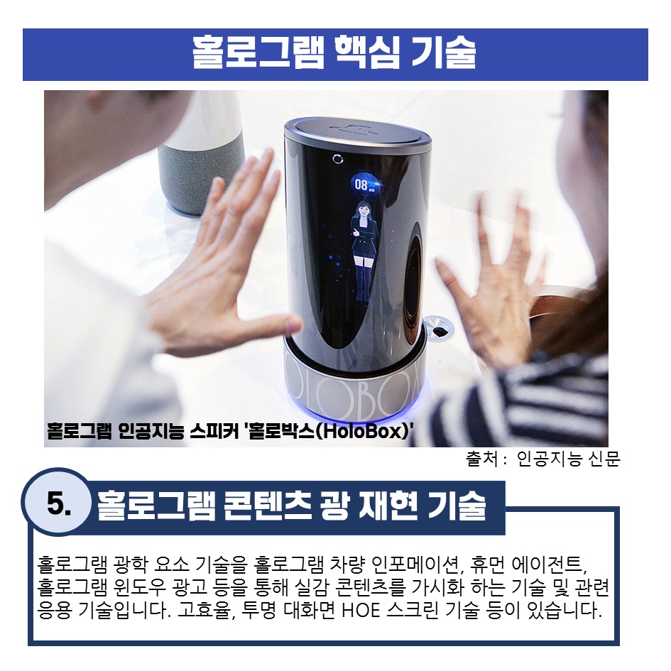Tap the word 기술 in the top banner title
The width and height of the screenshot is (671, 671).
444,53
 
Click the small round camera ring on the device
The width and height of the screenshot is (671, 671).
338,159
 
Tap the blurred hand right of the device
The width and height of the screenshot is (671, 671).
492,278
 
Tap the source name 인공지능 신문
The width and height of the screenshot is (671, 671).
569,459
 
